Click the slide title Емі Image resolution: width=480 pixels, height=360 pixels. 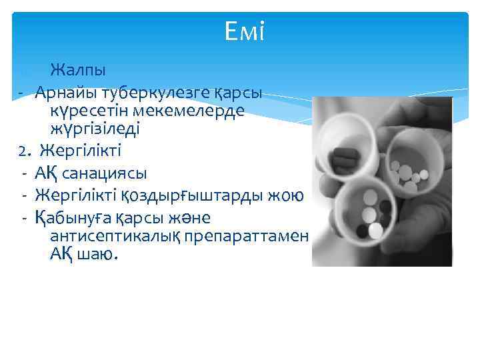pyautogui.click(x=245, y=31)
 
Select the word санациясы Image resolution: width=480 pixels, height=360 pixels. pyautogui.click(x=106, y=173)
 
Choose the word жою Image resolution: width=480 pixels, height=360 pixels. pyautogui.click(x=288, y=195)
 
